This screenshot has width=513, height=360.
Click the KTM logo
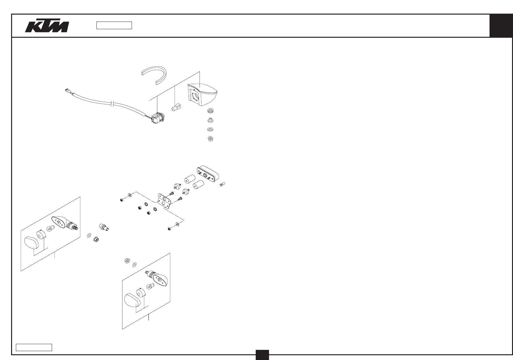(47, 26)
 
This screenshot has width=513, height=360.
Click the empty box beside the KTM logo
(114, 25)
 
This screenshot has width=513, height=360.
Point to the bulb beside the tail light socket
(176, 108)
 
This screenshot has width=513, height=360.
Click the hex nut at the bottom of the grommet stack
(210, 138)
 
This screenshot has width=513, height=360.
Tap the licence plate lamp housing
(207, 173)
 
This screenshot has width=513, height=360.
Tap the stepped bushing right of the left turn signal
(104, 227)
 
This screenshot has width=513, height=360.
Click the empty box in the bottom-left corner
(34, 347)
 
